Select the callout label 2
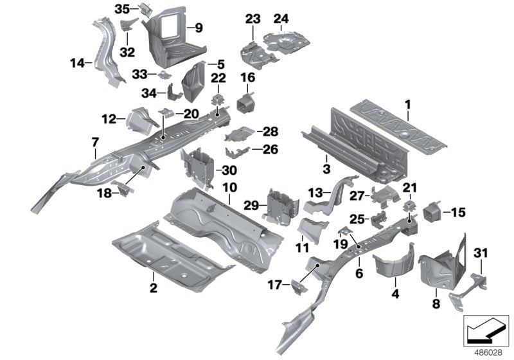point(153,288)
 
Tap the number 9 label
point(199,28)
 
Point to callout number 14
point(77,62)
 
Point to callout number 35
point(122,8)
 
